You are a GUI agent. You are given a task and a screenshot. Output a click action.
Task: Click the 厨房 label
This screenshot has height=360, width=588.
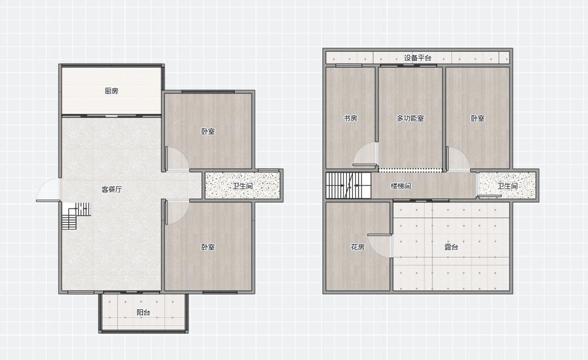[x=112, y=91]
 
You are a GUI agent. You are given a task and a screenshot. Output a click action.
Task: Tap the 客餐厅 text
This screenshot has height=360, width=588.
[x=112, y=189]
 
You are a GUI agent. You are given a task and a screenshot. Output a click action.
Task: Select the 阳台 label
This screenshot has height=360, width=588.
[x=143, y=312]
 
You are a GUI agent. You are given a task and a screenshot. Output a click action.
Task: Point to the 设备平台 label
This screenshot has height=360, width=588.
[x=418, y=58]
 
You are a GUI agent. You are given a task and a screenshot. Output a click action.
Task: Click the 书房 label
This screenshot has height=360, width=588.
[x=350, y=118]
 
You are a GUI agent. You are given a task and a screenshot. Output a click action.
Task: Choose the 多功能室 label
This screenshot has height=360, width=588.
[x=410, y=118]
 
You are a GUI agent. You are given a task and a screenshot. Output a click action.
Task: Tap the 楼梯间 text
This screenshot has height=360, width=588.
[x=401, y=186]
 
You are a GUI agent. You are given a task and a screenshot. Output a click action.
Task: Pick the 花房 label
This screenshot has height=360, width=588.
[x=357, y=247]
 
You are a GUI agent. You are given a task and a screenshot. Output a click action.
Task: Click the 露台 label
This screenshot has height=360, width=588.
[x=451, y=247]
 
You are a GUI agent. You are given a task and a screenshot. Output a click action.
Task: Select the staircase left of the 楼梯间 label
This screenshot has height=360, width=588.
[x=348, y=186]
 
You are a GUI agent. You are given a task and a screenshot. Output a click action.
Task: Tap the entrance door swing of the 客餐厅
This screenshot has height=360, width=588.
[x=48, y=190]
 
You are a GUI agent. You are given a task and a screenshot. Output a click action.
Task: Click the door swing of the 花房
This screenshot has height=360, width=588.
[x=380, y=246]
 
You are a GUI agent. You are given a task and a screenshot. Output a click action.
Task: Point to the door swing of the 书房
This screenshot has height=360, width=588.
[x=365, y=154]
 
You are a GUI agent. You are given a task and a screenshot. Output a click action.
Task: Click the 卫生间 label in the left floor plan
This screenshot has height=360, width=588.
[x=242, y=186]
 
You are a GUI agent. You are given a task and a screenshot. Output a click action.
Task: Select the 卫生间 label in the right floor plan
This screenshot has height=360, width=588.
[x=508, y=186]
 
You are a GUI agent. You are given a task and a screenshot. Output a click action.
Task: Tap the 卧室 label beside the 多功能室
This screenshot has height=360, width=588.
[x=478, y=118]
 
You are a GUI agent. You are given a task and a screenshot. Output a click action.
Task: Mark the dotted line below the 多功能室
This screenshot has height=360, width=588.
[x=410, y=170]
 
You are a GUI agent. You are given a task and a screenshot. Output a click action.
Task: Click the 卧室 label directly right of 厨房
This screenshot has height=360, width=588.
[x=208, y=132]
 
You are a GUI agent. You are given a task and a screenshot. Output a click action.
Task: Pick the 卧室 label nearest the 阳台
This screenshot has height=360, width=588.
[x=208, y=247]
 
